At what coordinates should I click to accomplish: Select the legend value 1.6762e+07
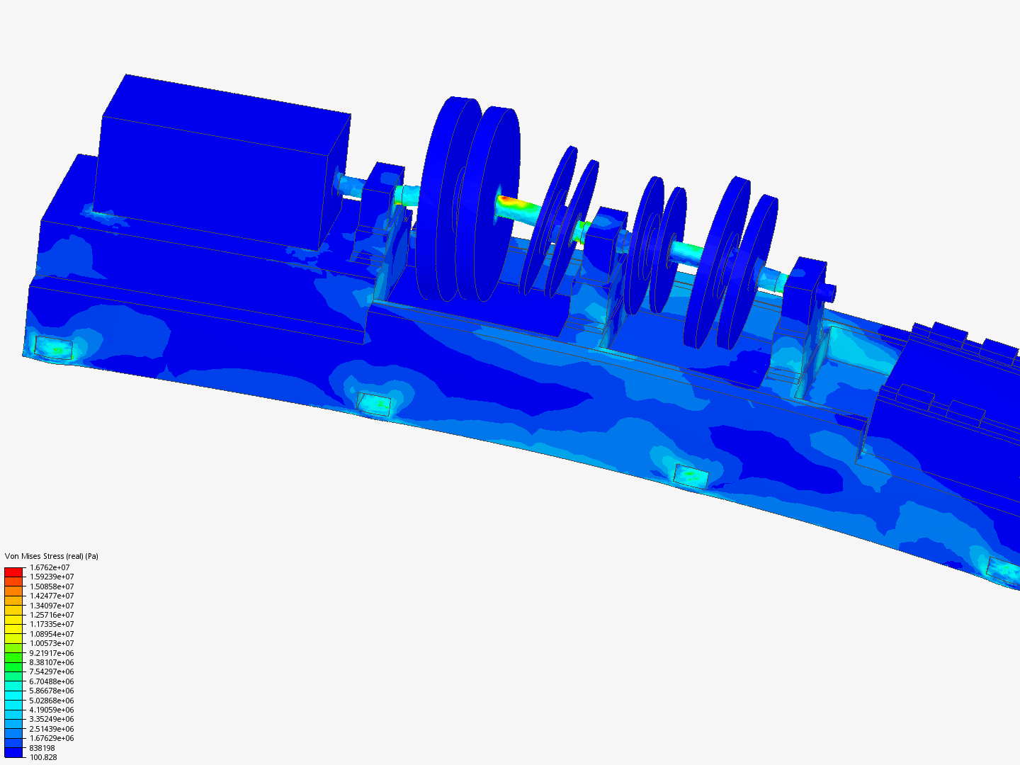click(x=50, y=567)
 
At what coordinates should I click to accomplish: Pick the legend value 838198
click(x=42, y=748)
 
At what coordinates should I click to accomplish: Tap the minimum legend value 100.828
click(x=43, y=757)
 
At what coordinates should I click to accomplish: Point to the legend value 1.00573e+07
click(x=52, y=643)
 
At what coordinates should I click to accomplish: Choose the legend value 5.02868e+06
click(x=52, y=701)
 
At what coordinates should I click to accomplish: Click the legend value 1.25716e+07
click(x=52, y=615)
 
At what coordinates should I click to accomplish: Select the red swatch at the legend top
click(x=13, y=572)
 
